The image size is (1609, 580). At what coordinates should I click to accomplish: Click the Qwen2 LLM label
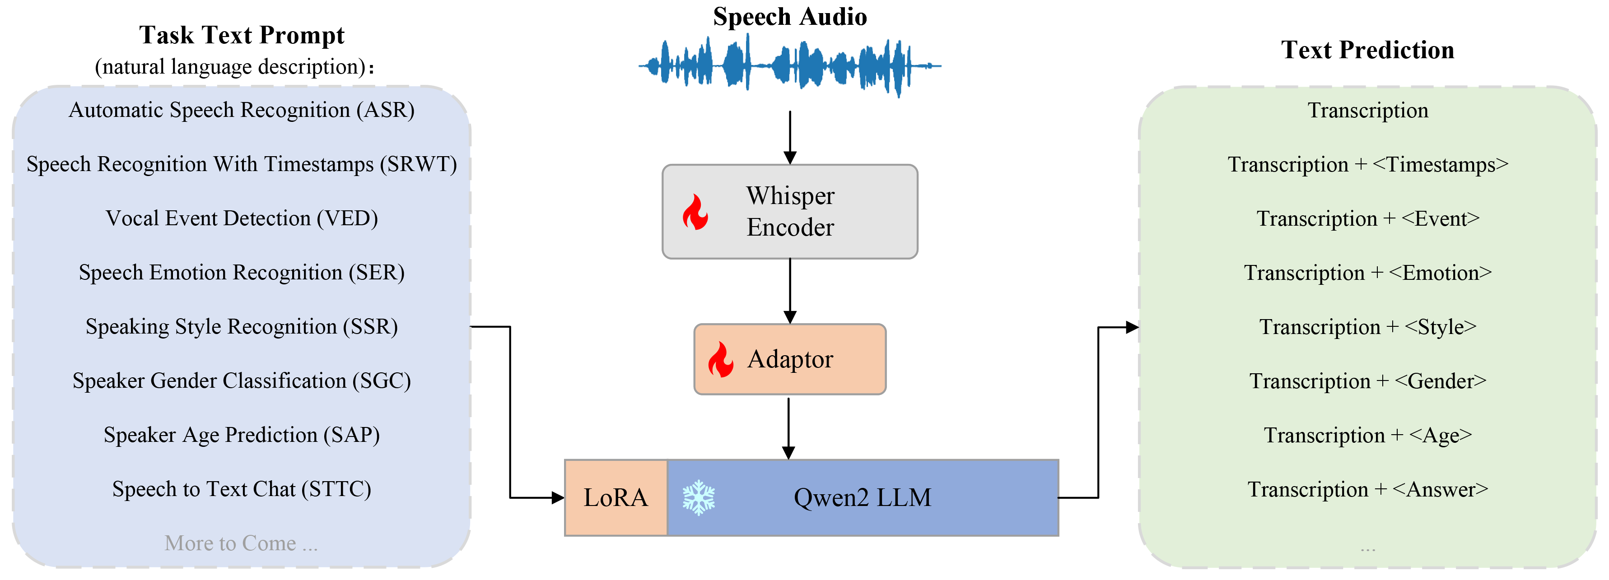[862, 497]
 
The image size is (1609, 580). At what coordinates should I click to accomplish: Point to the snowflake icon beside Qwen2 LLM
[698, 497]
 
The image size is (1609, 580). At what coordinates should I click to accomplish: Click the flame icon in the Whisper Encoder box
[695, 212]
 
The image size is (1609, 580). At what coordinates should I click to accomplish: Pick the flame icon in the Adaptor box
[720, 360]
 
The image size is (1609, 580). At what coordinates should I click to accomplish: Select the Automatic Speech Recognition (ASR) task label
[242, 110]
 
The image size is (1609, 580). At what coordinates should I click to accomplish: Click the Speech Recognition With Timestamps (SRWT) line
[242, 164]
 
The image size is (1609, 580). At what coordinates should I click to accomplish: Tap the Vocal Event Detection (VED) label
[242, 218]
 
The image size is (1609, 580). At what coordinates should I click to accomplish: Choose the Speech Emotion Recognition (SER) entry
[242, 273]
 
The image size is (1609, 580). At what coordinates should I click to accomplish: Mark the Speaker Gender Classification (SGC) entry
[242, 381]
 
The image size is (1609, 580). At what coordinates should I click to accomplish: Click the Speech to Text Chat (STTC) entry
[242, 489]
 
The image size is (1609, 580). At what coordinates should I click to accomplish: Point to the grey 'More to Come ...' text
[241, 543]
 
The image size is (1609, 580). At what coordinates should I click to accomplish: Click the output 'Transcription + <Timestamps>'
[1368, 165]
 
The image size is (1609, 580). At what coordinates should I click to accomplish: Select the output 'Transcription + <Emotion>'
[1368, 273]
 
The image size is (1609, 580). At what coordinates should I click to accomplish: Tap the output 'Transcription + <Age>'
[1368, 435]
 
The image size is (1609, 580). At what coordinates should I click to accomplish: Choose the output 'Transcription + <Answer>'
[1368, 489]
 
